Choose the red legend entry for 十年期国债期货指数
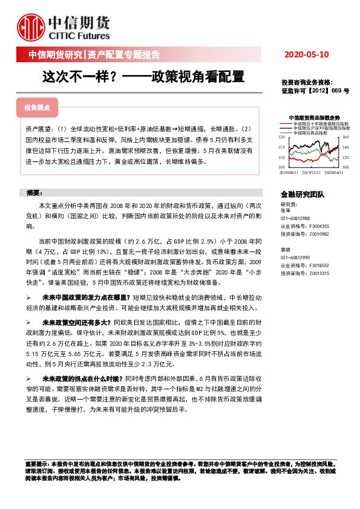point(320,123)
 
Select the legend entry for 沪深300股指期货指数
point(321,128)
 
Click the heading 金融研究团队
point(303,195)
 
